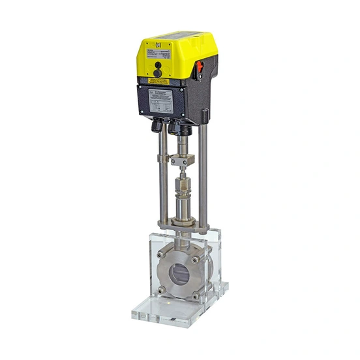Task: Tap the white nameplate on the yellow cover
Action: tap(162, 53)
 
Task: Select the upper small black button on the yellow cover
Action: tap(157, 65)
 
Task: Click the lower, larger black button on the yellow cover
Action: tap(157, 73)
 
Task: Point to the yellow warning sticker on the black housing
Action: tap(158, 81)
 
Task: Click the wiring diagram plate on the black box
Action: tap(161, 100)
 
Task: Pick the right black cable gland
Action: tap(175, 128)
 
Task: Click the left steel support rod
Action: tap(160, 176)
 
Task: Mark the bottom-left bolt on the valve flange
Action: tap(162, 289)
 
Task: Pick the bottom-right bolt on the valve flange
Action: tap(195, 295)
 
